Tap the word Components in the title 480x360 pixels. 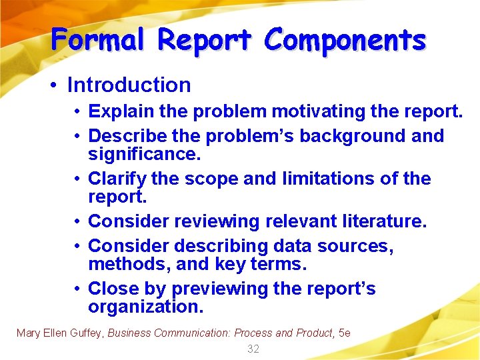pyautogui.click(x=345, y=39)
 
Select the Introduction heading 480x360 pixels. pyautogui.click(x=129, y=85)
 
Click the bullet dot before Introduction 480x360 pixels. pyautogui.click(x=56, y=85)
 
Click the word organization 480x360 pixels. pyautogui.click(x=145, y=307)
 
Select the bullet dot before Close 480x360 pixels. pyautogui.click(x=78, y=289)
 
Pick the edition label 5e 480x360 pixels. pyautogui.click(x=345, y=333)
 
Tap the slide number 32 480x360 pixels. pyautogui.click(x=253, y=349)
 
